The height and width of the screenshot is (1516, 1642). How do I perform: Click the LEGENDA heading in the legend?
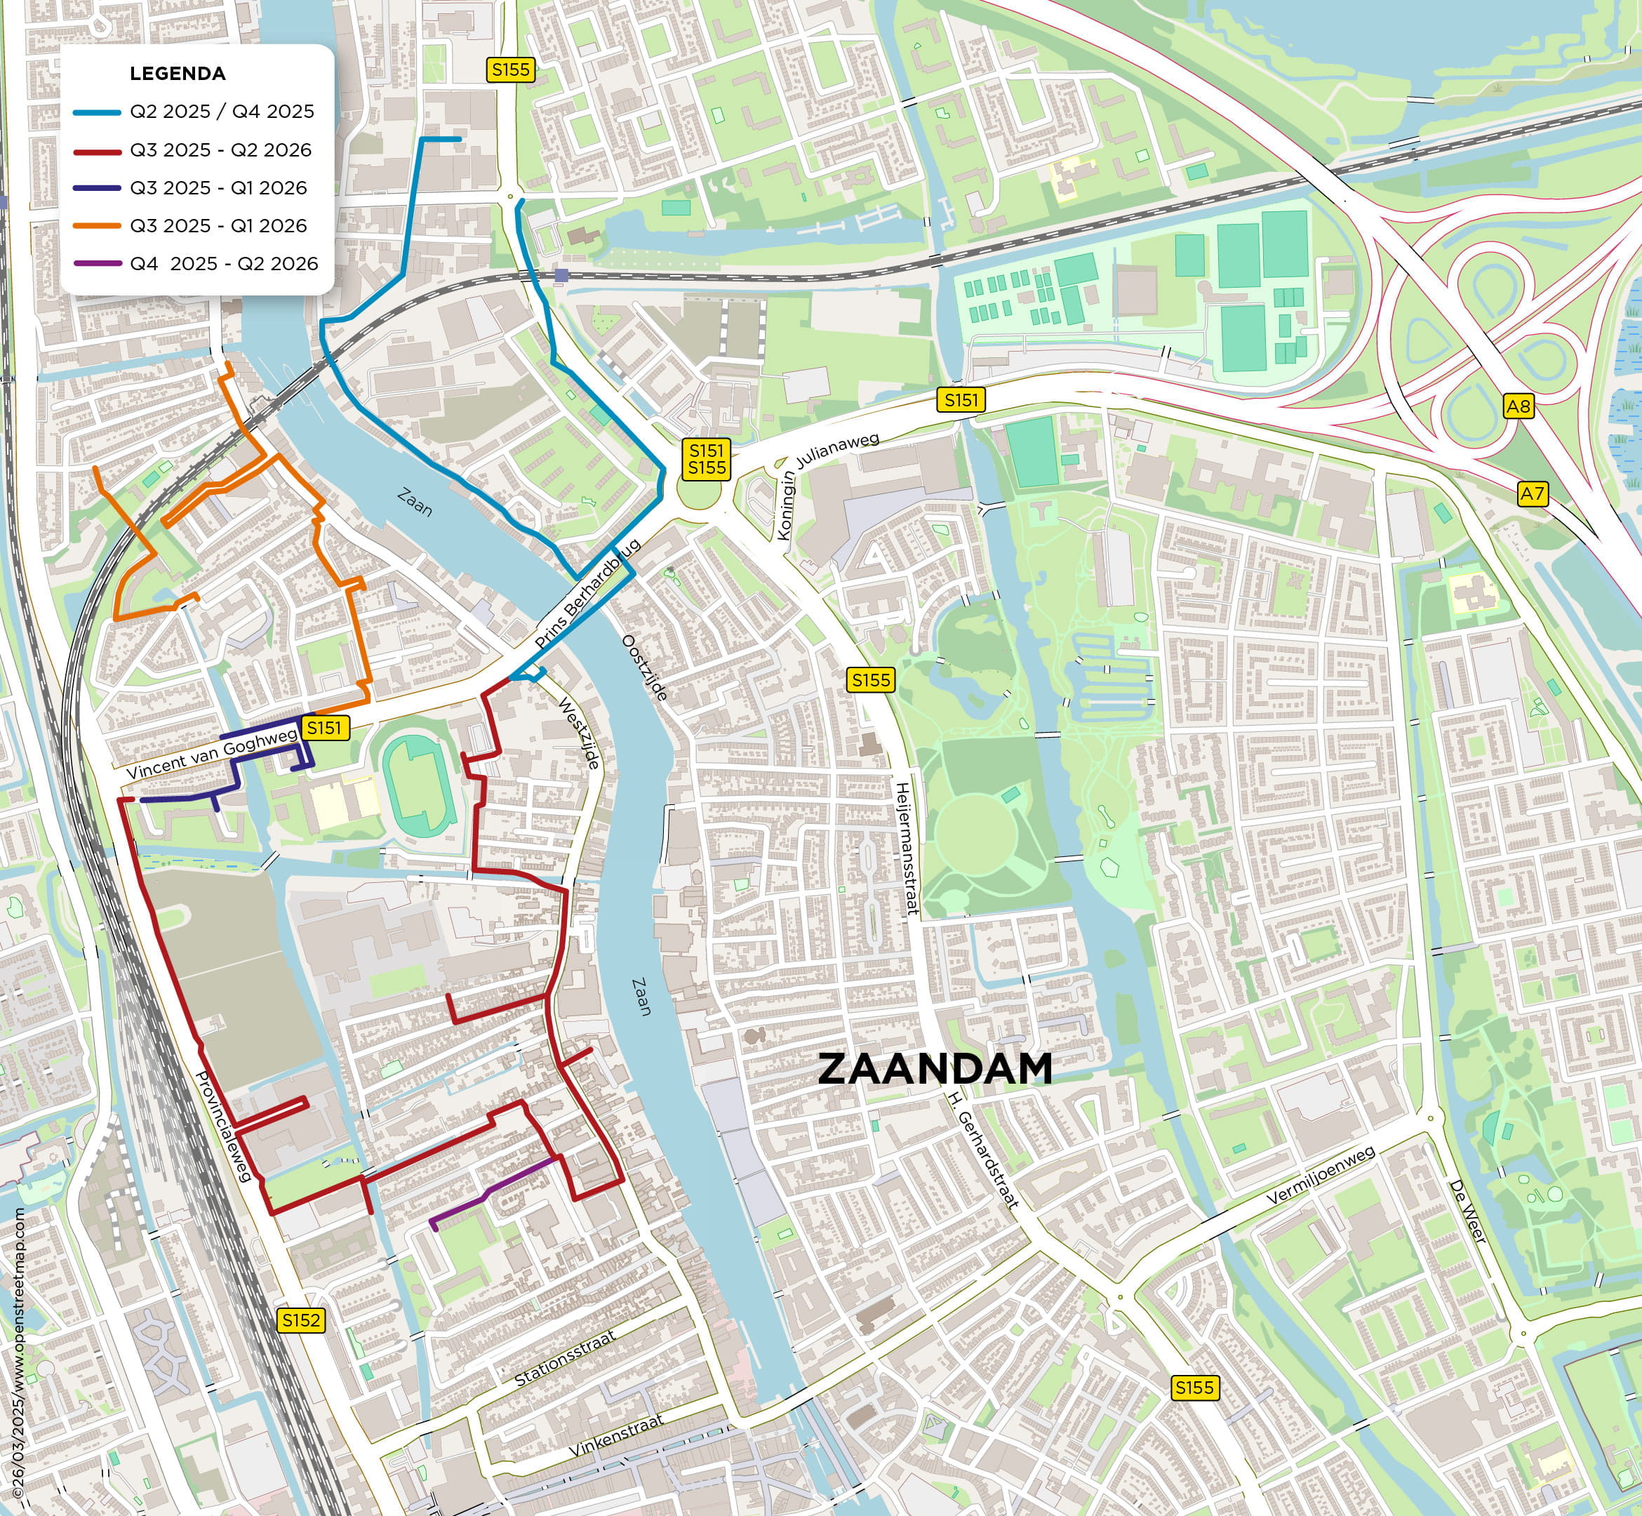click(x=177, y=74)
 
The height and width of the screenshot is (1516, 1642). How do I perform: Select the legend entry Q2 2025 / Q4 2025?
click(x=222, y=112)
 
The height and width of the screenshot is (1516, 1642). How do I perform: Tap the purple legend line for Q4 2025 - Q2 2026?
click(x=97, y=263)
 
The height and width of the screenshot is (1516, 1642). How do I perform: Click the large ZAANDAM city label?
click(x=935, y=1069)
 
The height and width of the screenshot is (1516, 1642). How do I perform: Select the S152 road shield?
click(x=300, y=1320)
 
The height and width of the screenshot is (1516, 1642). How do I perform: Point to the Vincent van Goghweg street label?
click(x=212, y=754)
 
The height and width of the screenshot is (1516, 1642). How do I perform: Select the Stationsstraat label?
click(x=564, y=1359)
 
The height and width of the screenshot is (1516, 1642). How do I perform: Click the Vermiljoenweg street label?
click(x=1321, y=1176)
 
